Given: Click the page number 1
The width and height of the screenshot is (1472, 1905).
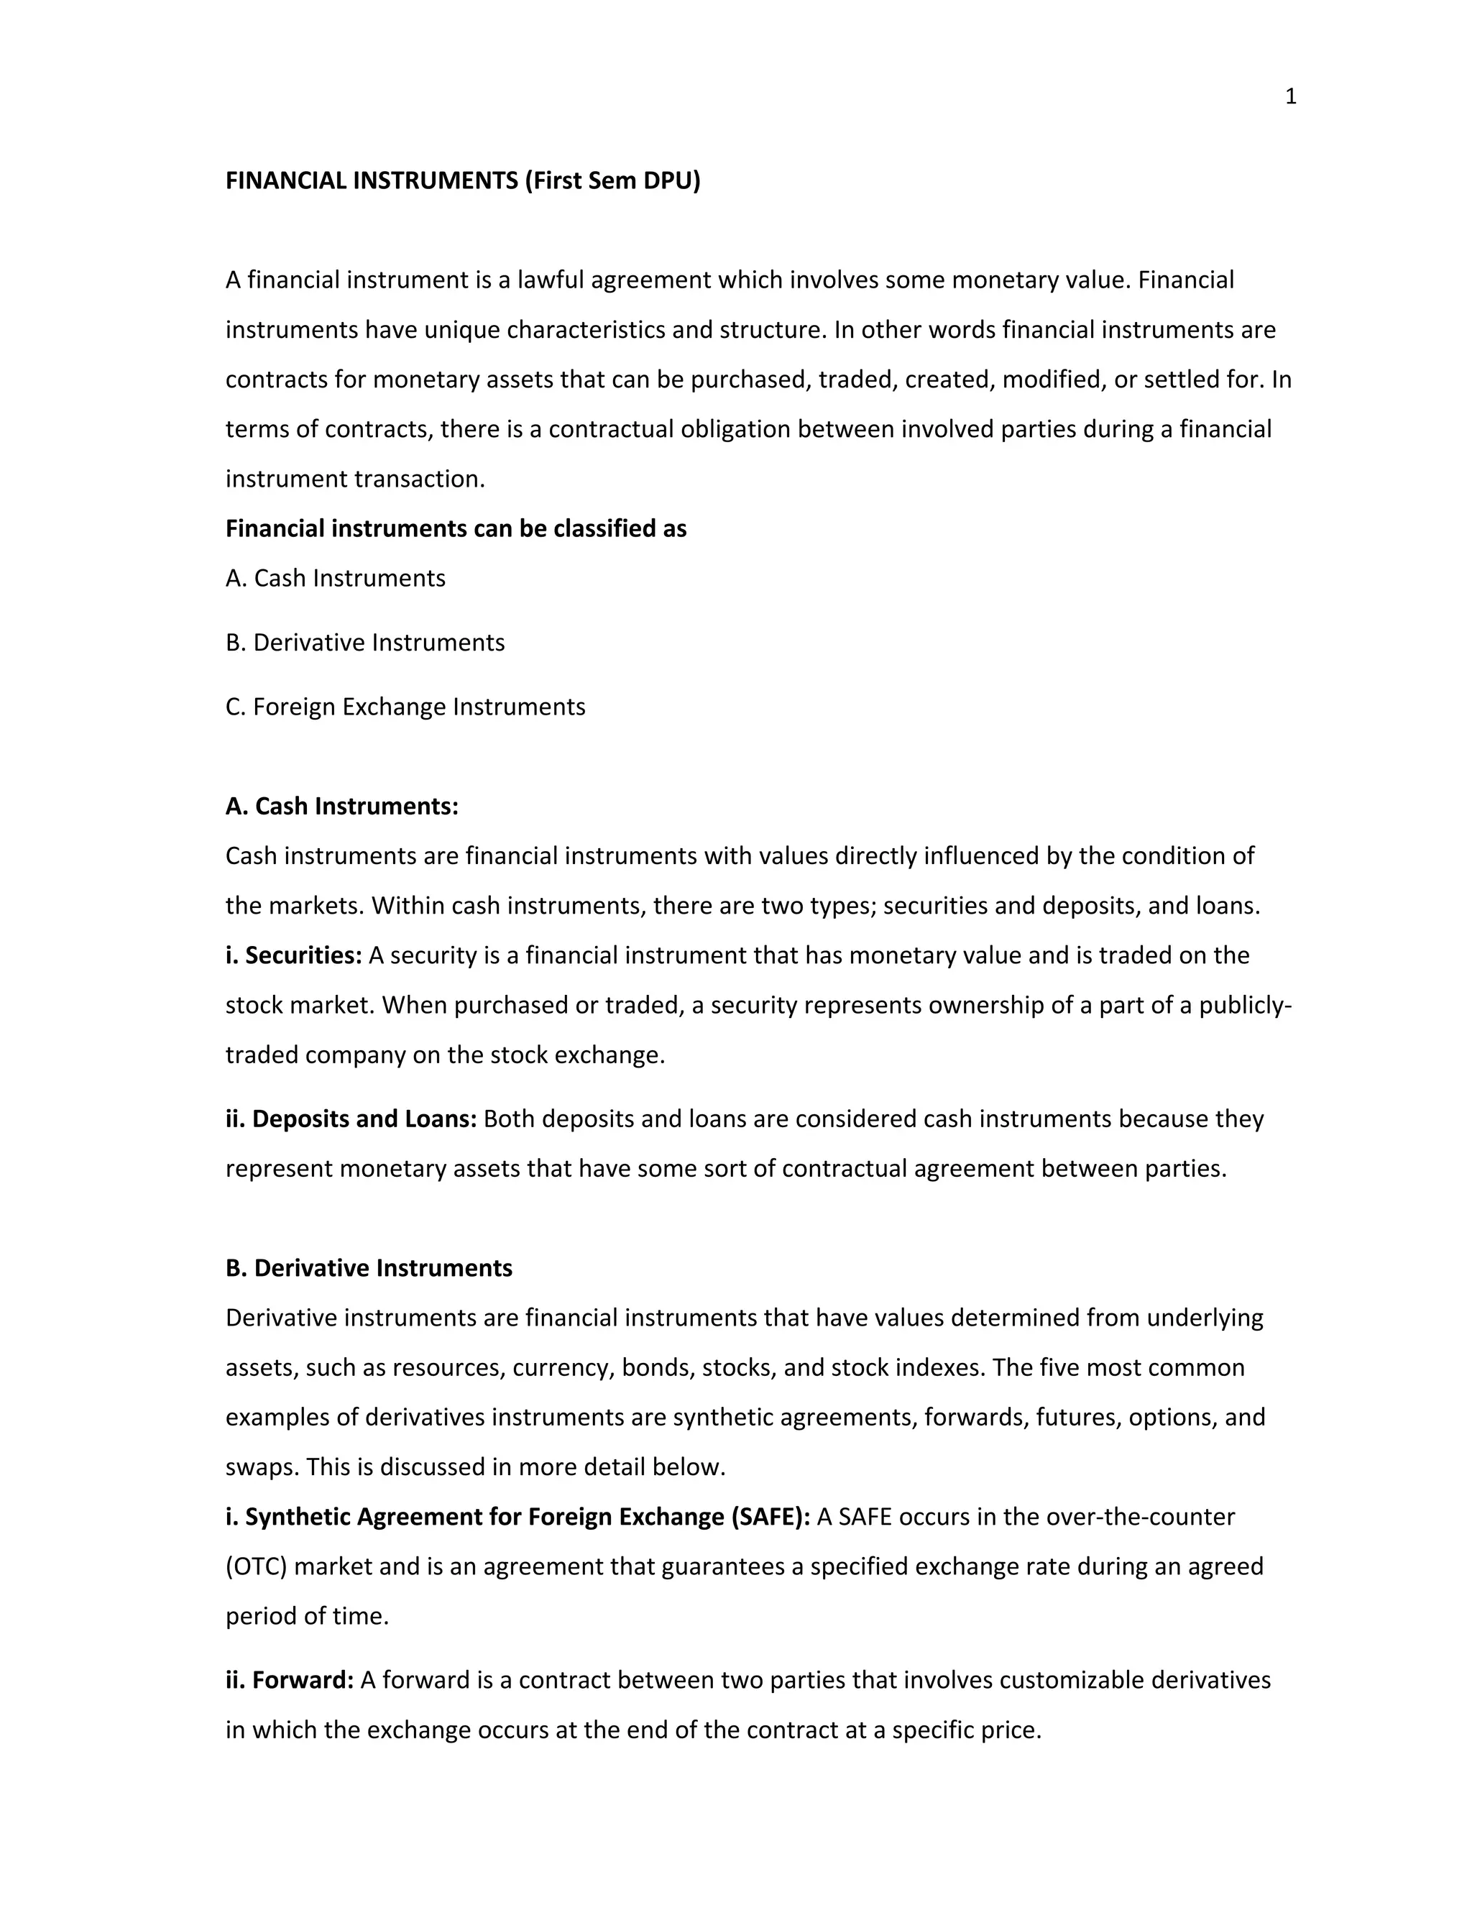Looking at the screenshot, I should click(x=1291, y=97).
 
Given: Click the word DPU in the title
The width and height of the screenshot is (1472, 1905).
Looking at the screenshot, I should click(x=671, y=180).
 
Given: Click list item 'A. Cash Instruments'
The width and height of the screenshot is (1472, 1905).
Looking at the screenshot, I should click(x=336, y=578).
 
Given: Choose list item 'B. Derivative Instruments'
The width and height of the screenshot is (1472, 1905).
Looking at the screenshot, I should click(x=365, y=643).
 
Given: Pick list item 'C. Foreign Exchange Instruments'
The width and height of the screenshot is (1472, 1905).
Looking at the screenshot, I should click(x=405, y=707).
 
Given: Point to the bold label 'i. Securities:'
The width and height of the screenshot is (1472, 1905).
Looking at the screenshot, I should click(x=294, y=955).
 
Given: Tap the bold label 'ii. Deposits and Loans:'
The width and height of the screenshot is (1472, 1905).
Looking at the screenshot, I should click(x=351, y=1119).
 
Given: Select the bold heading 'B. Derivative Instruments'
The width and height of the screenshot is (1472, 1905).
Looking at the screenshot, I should click(x=369, y=1267).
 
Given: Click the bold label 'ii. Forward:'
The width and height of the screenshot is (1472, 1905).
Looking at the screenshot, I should click(x=290, y=1680).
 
